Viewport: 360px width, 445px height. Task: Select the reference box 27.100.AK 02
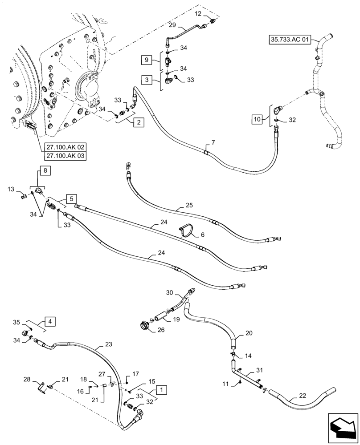(x=65, y=147)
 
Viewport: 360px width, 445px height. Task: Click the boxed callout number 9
(x=147, y=59)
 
